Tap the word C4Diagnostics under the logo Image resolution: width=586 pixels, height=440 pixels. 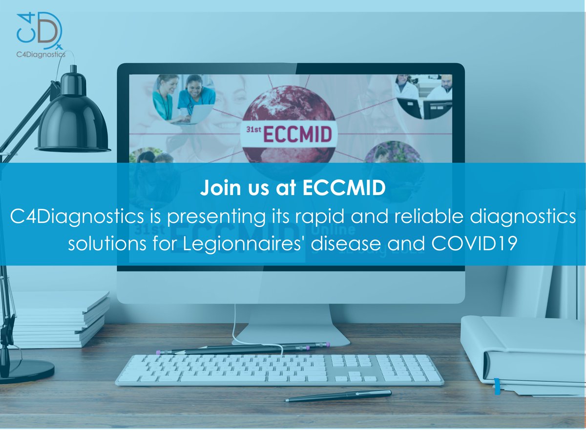(x=42, y=55)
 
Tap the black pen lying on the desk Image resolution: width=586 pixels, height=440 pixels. (x=338, y=396)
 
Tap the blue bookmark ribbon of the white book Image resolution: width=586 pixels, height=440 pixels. (x=497, y=386)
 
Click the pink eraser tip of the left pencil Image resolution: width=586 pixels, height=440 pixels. (x=158, y=352)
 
